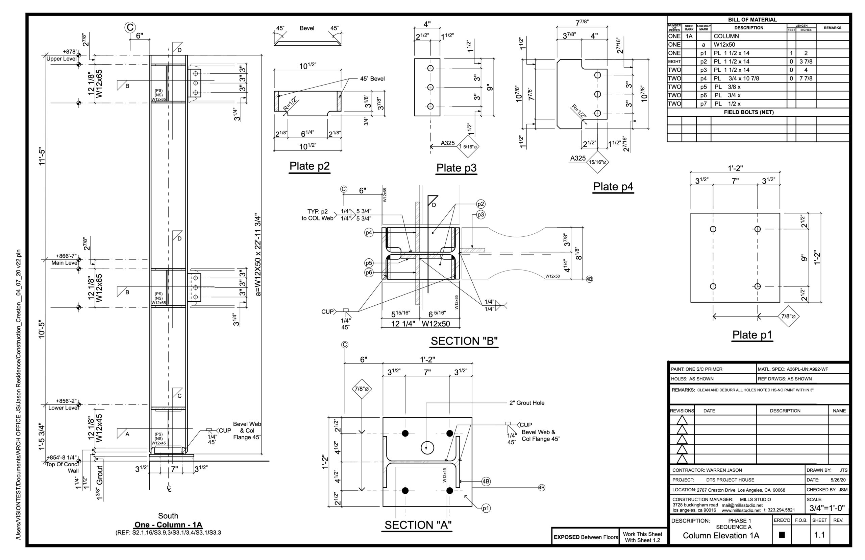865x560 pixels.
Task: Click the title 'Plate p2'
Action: tap(309, 166)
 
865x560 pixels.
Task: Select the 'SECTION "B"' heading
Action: tap(464, 341)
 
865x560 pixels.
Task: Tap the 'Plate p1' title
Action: tap(752, 334)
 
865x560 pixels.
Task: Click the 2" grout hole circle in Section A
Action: tap(427, 448)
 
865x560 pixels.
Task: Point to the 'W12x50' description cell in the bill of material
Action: tap(724, 45)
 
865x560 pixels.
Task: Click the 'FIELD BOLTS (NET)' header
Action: tap(749, 112)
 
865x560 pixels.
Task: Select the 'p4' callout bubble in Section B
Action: tap(369, 233)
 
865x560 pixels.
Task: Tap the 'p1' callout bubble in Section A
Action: tap(486, 508)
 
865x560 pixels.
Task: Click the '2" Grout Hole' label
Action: tap(527, 403)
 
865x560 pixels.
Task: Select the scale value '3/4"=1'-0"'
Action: tap(827, 508)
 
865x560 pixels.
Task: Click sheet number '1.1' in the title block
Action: tap(819, 535)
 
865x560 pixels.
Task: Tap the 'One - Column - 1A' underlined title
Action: tap(168, 525)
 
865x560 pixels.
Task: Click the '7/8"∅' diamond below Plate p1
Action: tap(788, 317)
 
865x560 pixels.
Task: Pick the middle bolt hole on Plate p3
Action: tap(430, 87)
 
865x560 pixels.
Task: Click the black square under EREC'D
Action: tap(782, 535)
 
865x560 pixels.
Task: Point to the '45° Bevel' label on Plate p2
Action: tap(372, 78)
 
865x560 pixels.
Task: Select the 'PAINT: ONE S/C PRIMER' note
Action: tap(696, 369)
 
